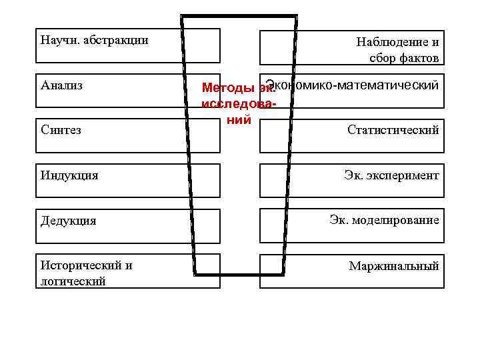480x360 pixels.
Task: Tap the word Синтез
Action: pyautogui.click(x=61, y=130)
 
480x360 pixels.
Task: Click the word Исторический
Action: pyautogui.click(x=87, y=265)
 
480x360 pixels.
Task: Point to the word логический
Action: pyautogui.click(x=73, y=281)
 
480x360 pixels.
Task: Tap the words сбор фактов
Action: pyautogui.click(x=404, y=58)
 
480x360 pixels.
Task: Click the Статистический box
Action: pyautogui.click(x=351, y=131)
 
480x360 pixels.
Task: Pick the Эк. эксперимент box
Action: pyautogui.click(x=351, y=176)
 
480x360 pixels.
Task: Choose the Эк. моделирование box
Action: pyautogui.click(x=351, y=221)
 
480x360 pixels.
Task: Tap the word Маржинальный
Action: pyautogui.click(x=394, y=266)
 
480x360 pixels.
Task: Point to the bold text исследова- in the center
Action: pyautogui.click(x=237, y=105)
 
